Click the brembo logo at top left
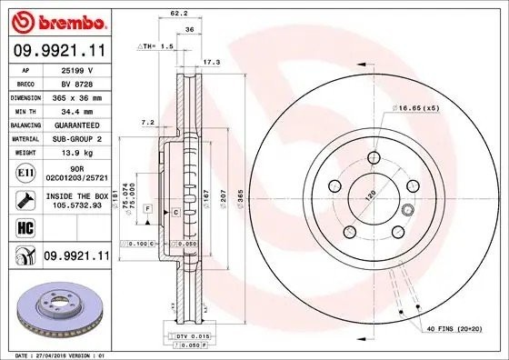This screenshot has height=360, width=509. point(55,20)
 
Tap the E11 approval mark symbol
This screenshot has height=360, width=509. point(23,171)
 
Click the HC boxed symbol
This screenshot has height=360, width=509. point(23,226)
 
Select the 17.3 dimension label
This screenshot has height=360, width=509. point(212,63)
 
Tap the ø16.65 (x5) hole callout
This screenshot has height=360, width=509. point(416,108)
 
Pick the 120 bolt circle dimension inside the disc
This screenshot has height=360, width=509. point(369,195)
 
